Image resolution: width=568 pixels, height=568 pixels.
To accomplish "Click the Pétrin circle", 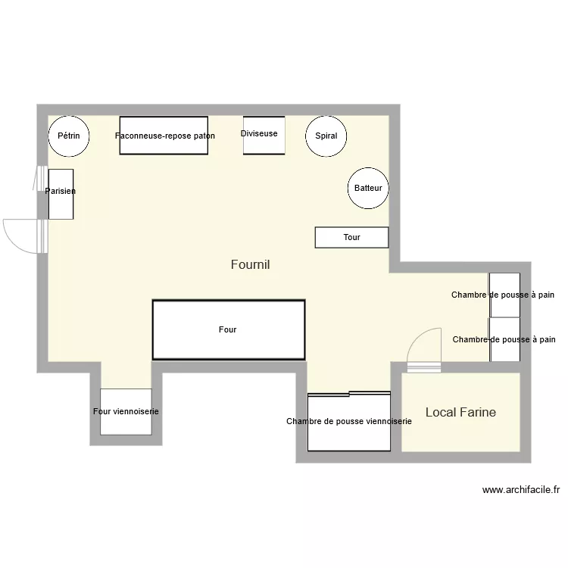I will click(x=69, y=137).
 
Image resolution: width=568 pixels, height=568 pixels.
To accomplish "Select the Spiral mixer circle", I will click(x=326, y=137).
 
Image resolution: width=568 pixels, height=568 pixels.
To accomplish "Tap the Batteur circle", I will click(x=368, y=188).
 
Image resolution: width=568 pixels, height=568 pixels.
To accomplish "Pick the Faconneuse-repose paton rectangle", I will click(x=164, y=136).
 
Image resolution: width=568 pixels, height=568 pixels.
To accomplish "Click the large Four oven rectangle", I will click(x=229, y=329).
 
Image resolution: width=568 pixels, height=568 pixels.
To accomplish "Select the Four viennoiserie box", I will click(x=126, y=411).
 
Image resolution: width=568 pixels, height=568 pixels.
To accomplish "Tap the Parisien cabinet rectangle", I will click(x=61, y=194).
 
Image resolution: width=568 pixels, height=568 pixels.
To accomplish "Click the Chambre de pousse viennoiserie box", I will click(x=348, y=421).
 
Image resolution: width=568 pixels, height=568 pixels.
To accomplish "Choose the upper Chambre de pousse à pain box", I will click(x=504, y=295).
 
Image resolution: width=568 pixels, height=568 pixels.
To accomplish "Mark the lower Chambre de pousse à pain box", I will click(x=504, y=340).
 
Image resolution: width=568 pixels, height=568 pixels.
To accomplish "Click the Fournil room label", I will click(x=250, y=264).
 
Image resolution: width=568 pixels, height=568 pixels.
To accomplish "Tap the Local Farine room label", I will click(x=460, y=412).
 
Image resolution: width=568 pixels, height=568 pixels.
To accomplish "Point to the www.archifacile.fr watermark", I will click(x=520, y=489).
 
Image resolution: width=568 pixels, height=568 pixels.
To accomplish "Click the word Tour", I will click(x=351, y=237).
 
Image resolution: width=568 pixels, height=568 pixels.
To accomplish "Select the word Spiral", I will click(x=326, y=136).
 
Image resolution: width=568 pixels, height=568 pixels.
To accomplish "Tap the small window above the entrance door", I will click(x=39, y=179).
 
